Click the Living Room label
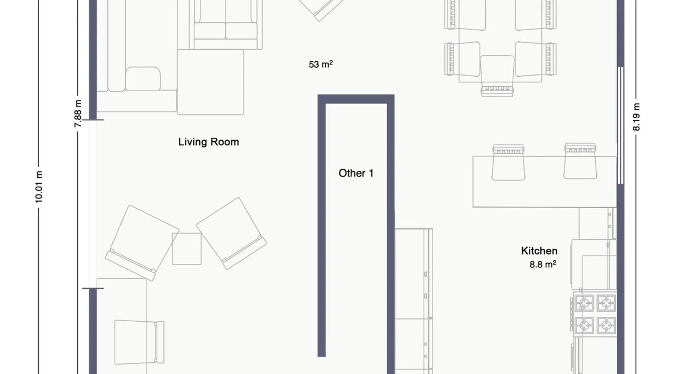tap(209, 142)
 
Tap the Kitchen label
tap(539, 251)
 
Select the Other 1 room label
tap(356, 173)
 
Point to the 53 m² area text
tap(321, 64)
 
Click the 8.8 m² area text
tap(543, 264)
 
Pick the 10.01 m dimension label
tap(39, 187)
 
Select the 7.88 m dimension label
tap(78, 114)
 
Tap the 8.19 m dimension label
tap(636, 117)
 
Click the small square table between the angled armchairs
tap(187, 249)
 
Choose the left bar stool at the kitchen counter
tap(508, 162)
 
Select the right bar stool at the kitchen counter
tap(580, 161)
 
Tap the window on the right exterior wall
tap(621, 125)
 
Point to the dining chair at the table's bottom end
tap(497, 76)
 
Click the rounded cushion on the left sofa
tap(143, 79)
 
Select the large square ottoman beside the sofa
tap(210, 82)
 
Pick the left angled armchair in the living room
tap(142, 242)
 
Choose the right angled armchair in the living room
tap(231, 233)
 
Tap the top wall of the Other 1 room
tap(356, 99)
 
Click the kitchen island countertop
tap(544, 182)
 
